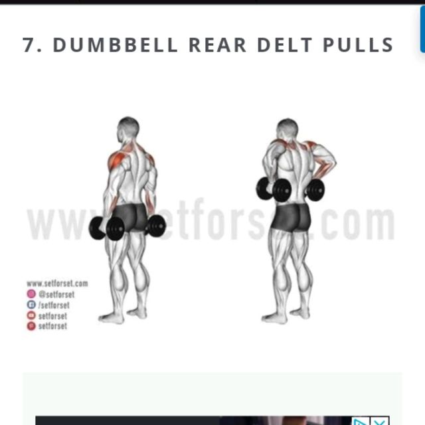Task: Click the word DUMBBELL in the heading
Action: click(116, 45)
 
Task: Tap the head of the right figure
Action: click(288, 129)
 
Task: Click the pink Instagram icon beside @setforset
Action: click(31, 294)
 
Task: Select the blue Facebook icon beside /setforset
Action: click(31, 305)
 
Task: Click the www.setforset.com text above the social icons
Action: click(57, 284)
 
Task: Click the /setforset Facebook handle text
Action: click(54, 305)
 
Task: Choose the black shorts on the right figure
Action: click(291, 216)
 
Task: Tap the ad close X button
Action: click(379, 421)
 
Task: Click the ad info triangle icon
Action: click(360, 421)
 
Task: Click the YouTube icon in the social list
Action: click(31, 315)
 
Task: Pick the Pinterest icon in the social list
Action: click(31, 326)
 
